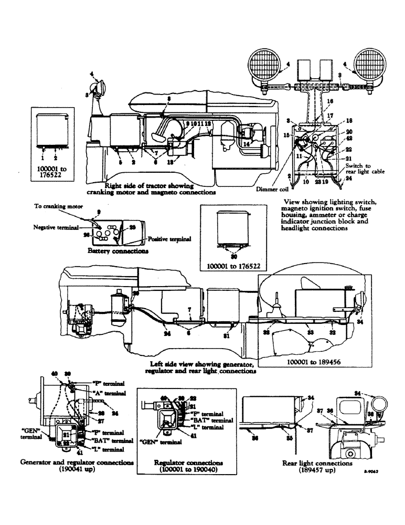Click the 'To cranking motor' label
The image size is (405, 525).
56,207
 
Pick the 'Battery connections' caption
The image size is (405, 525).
118,251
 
